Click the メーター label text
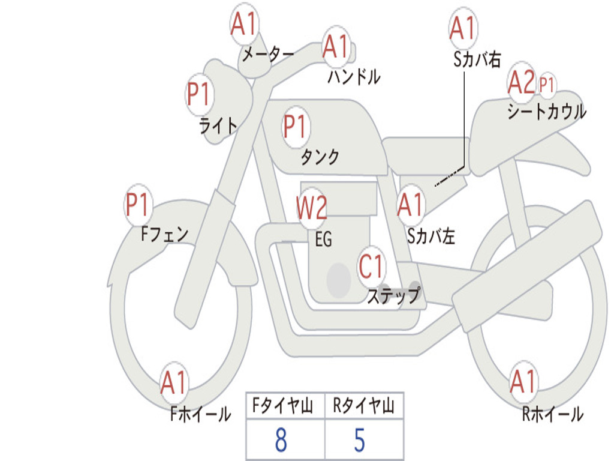click(x=267, y=55)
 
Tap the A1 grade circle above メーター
click(x=244, y=25)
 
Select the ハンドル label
click(x=354, y=76)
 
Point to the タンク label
click(x=320, y=157)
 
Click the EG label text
click(x=323, y=240)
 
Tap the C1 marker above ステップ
click(x=371, y=266)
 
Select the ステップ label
click(x=393, y=296)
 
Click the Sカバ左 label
click(x=431, y=237)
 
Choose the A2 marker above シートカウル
click(x=521, y=83)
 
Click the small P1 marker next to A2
click(x=546, y=84)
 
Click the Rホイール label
click(x=552, y=414)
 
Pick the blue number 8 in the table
click(x=281, y=441)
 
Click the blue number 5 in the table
click(x=359, y=441)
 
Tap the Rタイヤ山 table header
click(x=363, y=407)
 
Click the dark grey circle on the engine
click(x=338, y=279)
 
